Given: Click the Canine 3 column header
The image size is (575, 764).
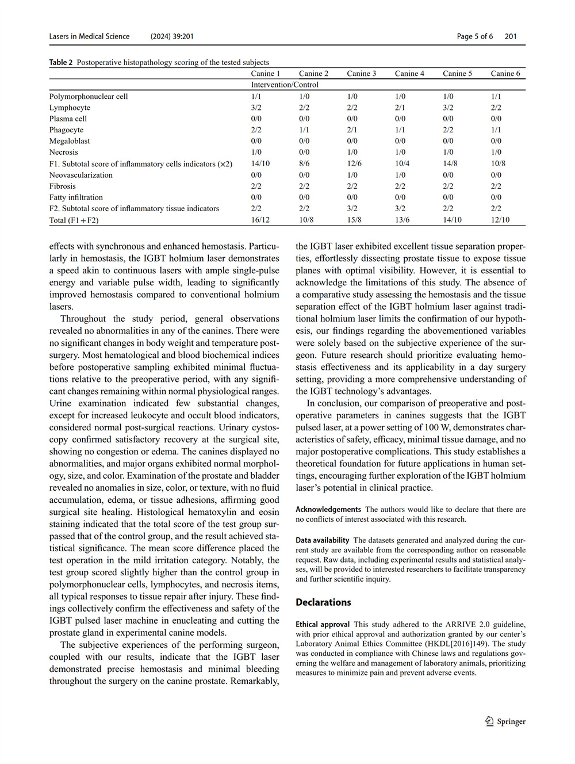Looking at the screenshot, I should [x=361, y=74].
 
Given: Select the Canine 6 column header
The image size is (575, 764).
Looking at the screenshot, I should [x=505, y=74].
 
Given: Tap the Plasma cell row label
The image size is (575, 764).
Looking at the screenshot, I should [x=68, y=119].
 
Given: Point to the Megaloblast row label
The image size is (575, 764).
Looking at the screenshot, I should [x=70, y=141].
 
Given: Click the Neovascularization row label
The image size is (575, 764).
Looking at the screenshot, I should [x=81, y=175].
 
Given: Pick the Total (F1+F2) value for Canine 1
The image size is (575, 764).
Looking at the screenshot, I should [x=260, y=220].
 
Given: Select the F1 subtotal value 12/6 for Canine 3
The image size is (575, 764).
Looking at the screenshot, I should [x=354, y=163].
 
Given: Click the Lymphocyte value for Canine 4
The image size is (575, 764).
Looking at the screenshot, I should [x=400, y=108].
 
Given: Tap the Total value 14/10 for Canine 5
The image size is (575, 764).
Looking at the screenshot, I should [x=452, y=220].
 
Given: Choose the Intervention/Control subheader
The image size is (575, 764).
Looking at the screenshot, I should [x=285, y=85].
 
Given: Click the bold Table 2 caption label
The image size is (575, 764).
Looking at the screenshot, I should [x=61, y=62].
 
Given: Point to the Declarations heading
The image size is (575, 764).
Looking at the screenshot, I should [x=323, y=602].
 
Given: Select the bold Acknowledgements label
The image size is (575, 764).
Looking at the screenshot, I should [x=328, y=509].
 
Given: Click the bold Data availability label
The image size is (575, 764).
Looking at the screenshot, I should [x=323, y=540].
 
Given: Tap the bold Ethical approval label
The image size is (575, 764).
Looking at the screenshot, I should [x=323, y=624].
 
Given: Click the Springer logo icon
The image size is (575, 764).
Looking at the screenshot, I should [x=489, y=721].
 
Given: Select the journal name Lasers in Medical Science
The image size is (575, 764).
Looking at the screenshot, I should [x=89, y=36].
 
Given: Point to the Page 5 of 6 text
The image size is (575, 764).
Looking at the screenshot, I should [x=475, y=36].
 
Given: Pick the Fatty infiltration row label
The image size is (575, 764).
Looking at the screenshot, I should [x=76, y=197].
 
